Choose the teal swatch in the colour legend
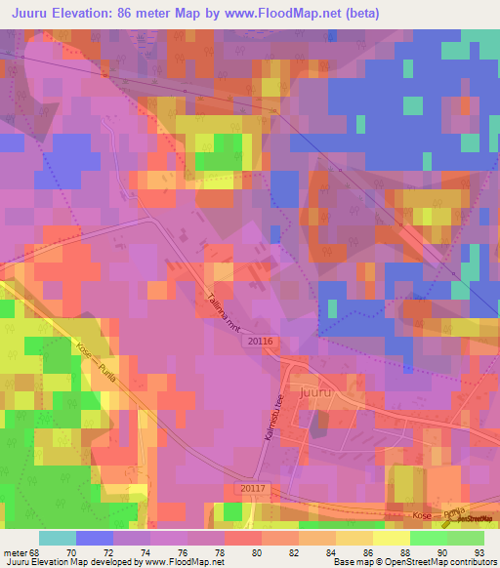point(57,538)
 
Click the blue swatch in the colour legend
point(94,538)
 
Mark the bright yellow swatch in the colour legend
point(391,538)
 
